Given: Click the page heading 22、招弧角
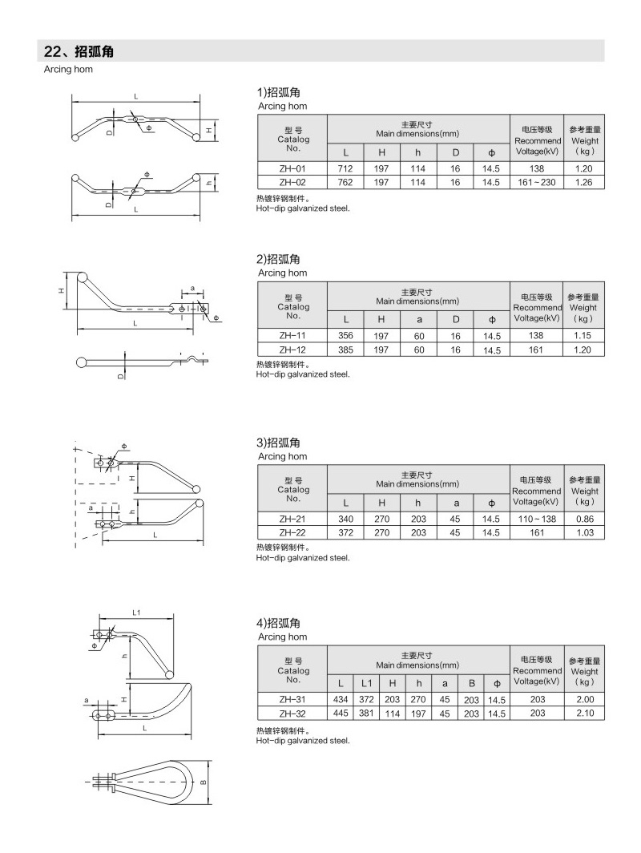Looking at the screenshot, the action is [79, 51].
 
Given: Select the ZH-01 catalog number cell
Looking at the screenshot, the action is [292, 168].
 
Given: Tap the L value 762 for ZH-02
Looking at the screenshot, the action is [345, 182].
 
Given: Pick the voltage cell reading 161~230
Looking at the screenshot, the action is [537, 182].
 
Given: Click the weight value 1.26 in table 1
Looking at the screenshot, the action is [583, 182].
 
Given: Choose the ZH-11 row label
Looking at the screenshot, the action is [292, 336].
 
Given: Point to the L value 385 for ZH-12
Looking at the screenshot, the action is [345, 350].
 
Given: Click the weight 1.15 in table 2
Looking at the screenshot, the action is [583, 336].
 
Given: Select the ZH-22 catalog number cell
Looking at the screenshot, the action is [292, 532].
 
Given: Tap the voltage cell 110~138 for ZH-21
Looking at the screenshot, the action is [537, 519].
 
